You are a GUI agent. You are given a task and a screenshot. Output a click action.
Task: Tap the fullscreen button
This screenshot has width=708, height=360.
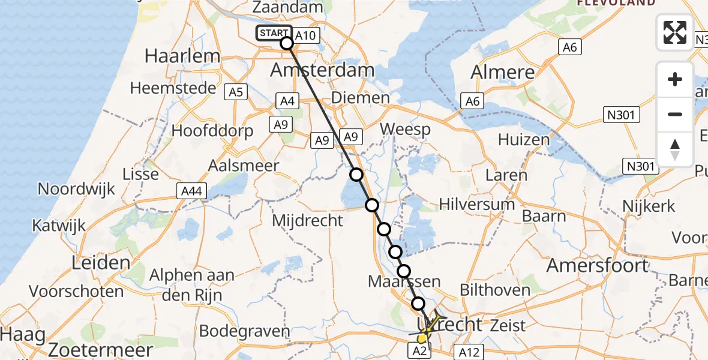(675, 32)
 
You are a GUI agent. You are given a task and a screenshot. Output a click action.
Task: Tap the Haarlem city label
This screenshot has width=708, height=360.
(182, 56)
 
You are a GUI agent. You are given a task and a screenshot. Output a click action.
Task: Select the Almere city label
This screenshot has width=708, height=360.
(503, 72)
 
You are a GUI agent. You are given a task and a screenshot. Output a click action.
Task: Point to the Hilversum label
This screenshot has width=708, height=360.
(477, 204)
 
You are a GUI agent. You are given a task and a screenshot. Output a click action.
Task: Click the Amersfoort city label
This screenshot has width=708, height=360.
(596, 265)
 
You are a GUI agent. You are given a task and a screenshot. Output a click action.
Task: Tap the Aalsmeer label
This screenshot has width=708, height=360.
(243, 166)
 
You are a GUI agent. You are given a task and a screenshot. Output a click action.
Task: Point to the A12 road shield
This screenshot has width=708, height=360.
(469, 352)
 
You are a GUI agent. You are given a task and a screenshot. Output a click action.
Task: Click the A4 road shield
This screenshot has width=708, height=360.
(287, 101)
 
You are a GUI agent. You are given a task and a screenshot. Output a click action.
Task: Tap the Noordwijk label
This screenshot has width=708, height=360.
(76, 188)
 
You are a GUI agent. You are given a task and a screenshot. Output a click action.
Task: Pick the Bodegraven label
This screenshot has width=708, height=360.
(244, 331)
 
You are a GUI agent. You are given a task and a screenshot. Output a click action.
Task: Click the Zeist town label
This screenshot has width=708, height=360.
(508, 326)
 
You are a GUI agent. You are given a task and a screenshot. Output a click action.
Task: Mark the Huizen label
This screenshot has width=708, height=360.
(524, 140)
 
